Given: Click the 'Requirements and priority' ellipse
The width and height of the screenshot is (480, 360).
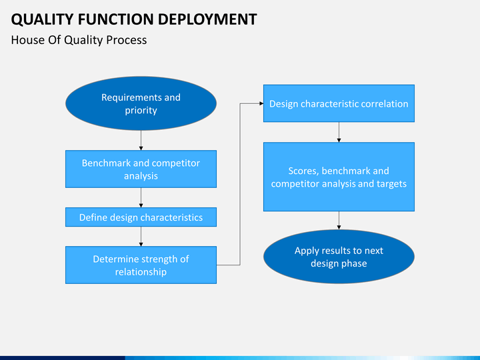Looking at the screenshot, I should (141, 104).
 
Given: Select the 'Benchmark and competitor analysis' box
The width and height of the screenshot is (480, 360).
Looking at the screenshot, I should (141, 169).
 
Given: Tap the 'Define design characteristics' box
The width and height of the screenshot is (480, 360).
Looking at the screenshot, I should (141, 217).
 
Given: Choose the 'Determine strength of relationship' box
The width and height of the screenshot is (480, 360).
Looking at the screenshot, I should (141, 265).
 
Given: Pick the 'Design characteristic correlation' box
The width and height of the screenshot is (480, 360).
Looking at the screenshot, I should (339, 103).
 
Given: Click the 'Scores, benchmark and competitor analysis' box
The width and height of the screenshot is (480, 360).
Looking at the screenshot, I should (339, 177).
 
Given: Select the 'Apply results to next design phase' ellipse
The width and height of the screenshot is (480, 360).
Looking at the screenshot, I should (339, 257).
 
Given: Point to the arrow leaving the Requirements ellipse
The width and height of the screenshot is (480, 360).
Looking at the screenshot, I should (141, 140).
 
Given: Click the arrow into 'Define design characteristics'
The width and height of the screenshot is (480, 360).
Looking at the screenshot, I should (141, 198).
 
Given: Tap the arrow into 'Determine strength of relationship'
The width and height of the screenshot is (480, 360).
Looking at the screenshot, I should (141, 237).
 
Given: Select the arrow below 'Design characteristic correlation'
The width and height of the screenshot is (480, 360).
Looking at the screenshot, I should (339, 132).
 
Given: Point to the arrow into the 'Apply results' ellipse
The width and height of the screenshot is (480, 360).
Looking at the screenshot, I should (339, 221).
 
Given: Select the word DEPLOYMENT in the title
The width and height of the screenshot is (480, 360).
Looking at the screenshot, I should (210, 19).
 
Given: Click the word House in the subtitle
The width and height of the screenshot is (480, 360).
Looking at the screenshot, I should (27, 40).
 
